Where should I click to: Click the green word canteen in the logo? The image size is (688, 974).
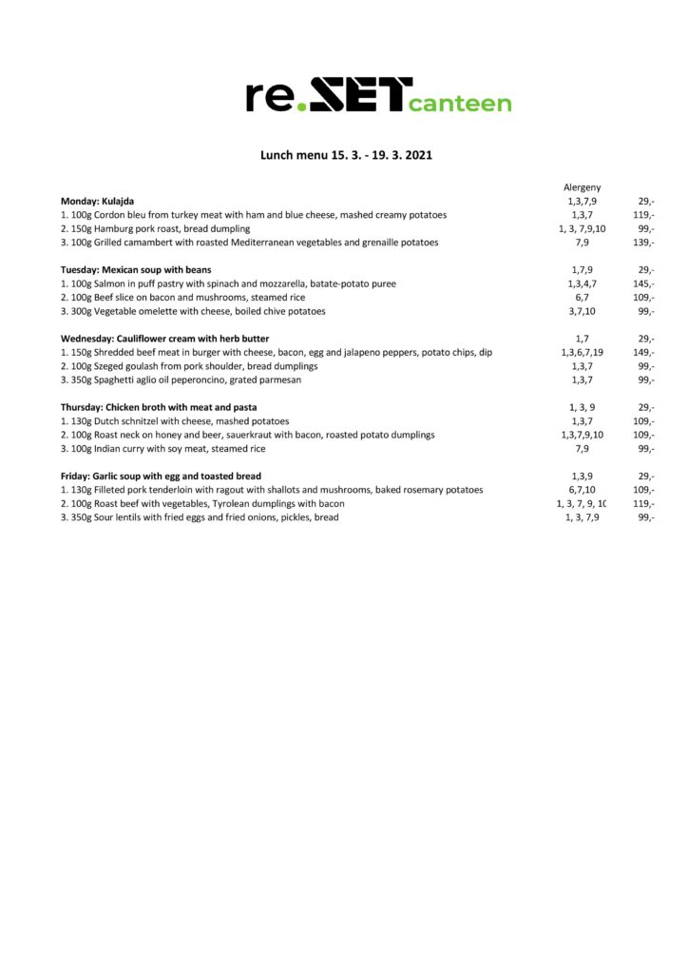[x=460, y=103]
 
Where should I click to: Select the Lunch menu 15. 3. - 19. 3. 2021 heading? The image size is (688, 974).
[x=346, y=154]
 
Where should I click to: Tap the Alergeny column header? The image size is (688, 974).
[x=582, y=187]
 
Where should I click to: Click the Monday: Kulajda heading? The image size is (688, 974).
[x=97, y=202]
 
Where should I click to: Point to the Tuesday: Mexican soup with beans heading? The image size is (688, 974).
[x=136, y=270]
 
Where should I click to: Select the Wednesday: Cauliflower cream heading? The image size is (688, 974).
[x=164, y=339]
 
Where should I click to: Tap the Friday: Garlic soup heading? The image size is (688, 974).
[x=161, y=476]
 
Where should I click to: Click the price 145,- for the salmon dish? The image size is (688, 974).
[x=643, y=283]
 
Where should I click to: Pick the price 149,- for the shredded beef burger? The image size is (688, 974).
[x=643, y=352]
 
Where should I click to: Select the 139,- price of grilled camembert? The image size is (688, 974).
[x=643, y=243]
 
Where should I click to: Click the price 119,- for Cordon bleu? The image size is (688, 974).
[x=643, y=215]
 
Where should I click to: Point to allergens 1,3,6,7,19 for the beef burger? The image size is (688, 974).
[x=582, y=352]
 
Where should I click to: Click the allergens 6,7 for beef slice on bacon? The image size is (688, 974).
[x=582, y=298]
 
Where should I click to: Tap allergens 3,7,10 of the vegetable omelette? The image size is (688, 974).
[x=582, y=311]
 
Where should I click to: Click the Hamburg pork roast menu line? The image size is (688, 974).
[x=155, y=229]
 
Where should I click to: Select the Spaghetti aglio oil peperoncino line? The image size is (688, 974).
[x=181, y=380]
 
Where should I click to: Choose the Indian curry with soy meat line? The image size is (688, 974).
[x=162, y=448]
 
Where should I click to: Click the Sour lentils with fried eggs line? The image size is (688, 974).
[x=200, y=516]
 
